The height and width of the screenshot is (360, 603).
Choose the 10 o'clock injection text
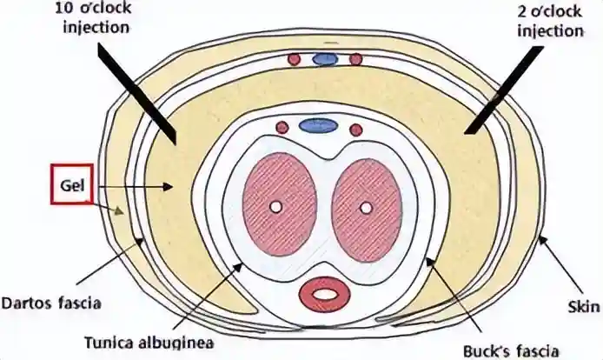point(83,17)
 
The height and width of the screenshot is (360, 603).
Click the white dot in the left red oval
point(275,208)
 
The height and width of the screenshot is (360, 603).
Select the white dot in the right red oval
point(366,208)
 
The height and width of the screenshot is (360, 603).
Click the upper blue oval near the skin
point(325,59)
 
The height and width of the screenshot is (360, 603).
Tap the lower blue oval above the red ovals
point(318,126)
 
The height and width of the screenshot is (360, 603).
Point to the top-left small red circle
point(294,59)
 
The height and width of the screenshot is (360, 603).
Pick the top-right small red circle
point(355,59)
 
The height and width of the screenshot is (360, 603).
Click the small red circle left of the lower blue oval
point(282,128)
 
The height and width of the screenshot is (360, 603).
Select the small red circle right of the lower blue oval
point(355,130)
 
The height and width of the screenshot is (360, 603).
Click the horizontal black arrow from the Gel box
point(130,186)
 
